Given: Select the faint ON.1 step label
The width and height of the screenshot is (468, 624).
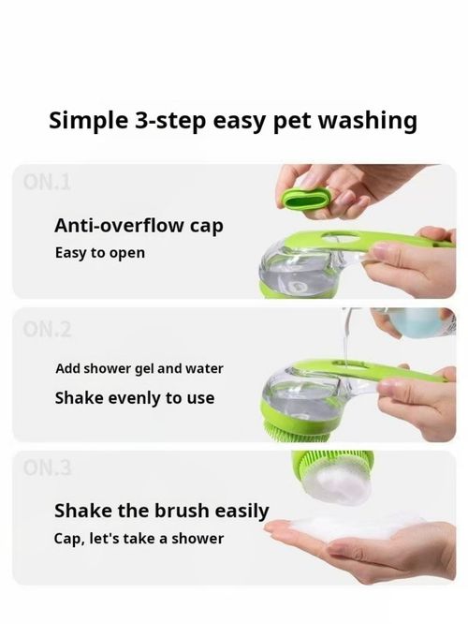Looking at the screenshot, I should pyautogui.click(x=47, y=183).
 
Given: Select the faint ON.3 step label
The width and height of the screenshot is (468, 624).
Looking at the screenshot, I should pyautogui.click(x=47, y=468).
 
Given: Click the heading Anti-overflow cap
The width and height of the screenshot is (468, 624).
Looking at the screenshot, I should pyautogui.click(x=139, y=226).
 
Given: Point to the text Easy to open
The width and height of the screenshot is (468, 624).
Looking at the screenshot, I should pyautogui.click(x=99, y=253).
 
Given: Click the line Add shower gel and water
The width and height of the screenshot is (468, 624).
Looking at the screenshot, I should pyautogui.click(x=139, y=368).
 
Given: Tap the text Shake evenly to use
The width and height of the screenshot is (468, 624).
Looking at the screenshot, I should pyautogui.click(x=134, y=397).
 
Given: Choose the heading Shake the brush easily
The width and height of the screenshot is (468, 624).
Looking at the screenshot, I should pyautogui.click(x=161, y=511).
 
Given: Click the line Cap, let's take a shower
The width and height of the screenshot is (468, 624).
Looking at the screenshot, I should pyautogui.click(x=139, y=539).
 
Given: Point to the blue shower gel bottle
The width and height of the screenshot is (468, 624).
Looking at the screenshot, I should pyautogui.click(x=421, y=323).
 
